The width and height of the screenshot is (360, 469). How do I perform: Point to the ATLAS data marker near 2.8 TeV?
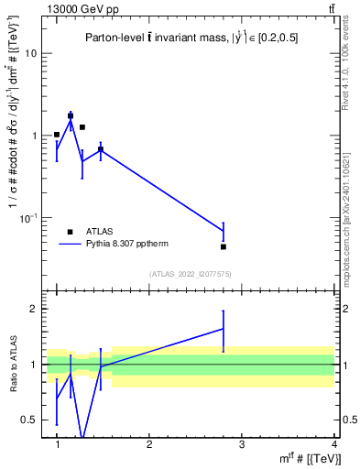click(224, 246)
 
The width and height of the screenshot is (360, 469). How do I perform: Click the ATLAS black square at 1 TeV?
click(57, 135)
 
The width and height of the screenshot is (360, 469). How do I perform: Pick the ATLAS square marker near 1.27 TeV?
click(82, 127)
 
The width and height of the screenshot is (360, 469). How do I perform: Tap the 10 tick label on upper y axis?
click(29, 53)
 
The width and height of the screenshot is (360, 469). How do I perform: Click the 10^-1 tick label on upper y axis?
click(27, 218)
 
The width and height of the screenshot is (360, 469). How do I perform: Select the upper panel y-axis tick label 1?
click(32, 136)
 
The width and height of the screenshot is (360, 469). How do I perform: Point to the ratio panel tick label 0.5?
click(28, 420)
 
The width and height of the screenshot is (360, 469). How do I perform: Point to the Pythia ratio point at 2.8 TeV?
click(224, 328)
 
